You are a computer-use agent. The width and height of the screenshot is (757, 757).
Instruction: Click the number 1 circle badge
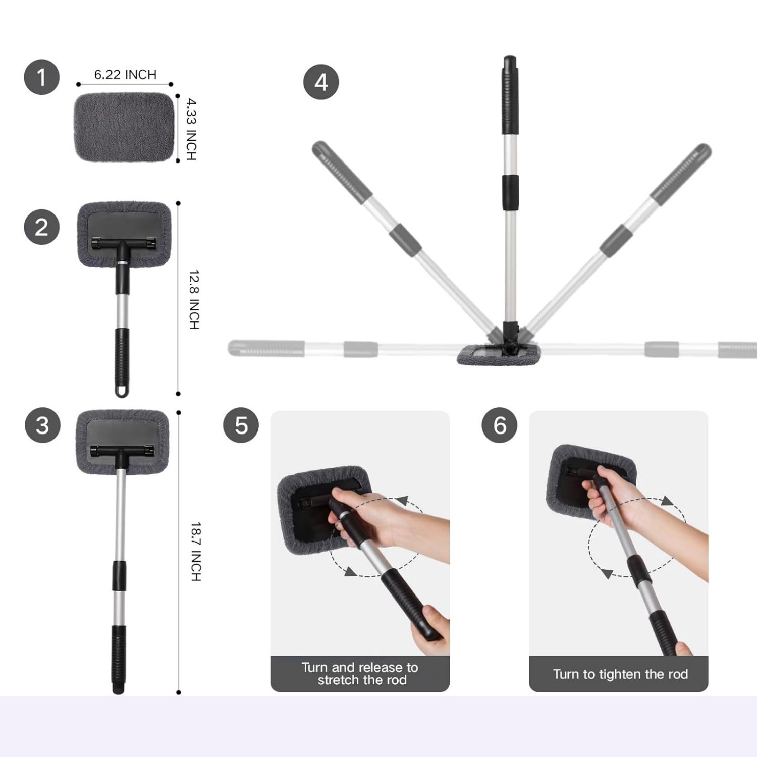(42, 77)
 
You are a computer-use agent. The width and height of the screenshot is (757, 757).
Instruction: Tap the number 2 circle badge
(42, 227)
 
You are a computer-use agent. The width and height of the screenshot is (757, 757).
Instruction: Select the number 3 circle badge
(42, 425)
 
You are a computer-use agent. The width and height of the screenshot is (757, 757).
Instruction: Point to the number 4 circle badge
(321, 82)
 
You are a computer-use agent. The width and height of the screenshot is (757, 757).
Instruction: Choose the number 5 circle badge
(241, 425)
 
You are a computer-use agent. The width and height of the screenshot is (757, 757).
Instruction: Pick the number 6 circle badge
(500, 425)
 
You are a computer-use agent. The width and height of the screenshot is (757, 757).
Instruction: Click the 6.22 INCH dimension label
(125, 75)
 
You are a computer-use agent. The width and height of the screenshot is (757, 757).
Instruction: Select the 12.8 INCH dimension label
(194, 300)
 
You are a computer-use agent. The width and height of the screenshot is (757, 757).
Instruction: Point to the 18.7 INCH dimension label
(196, 552)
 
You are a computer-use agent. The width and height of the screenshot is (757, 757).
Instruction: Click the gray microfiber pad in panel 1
(124, 127)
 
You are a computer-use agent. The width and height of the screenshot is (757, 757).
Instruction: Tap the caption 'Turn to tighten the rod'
(620, 674)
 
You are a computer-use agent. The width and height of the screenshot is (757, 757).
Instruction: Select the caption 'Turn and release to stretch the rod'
(360, 674)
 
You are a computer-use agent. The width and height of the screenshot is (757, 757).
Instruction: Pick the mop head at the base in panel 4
(499, 354)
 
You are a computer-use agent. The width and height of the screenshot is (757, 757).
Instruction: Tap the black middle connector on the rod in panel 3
(119, 575)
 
